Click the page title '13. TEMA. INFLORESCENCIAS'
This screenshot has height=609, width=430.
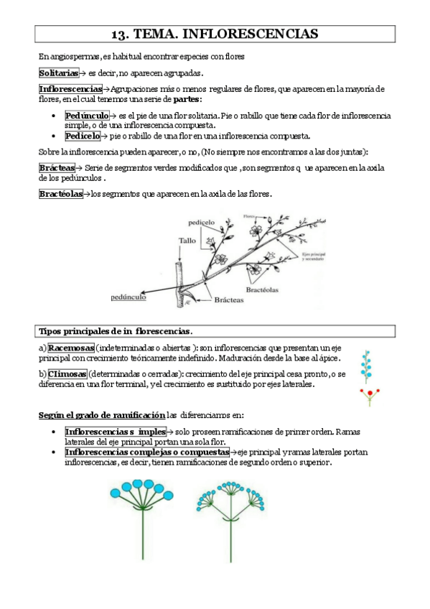(x=215, y=34)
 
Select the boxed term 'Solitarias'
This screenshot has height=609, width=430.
(x=58, y=73)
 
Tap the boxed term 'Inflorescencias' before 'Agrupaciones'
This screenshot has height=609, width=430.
(x=70, y=89)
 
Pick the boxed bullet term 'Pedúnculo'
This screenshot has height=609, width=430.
(x=86, y=115)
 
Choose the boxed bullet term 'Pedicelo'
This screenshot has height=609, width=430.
(x=83, y=135)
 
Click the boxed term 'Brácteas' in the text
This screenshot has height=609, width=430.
(x=57, y=167)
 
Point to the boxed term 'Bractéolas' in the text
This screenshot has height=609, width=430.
(x=60, y=194)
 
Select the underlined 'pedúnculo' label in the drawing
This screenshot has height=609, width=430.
(x=129, y=296)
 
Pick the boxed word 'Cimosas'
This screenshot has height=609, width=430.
(x=67, y=374)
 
